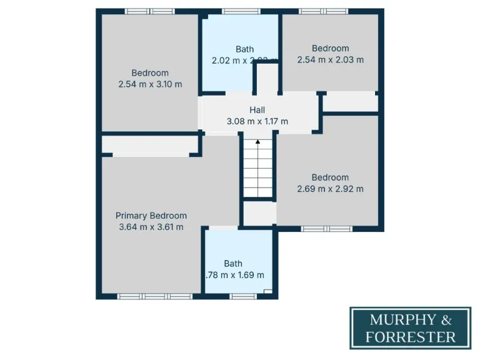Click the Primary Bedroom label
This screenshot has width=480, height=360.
tap(151, 216)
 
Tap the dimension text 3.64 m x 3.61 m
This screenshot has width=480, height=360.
tap(151, 227)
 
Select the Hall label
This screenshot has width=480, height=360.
tap(257, 110)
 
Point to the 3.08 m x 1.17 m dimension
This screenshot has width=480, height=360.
tap(257, 121)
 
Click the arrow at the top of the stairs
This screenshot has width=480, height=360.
tap(257, 143)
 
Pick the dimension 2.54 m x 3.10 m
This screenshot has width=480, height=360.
tap(150, 84)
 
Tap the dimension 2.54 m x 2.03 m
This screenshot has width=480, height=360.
tap(331, 60)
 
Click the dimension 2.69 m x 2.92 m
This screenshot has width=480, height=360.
tap(331, 189)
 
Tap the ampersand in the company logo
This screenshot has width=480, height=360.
tap(446, 321)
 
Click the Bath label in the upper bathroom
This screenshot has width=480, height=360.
tap(244, 49)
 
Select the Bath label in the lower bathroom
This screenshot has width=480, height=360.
tap(233, 264)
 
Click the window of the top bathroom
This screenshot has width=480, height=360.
tap(241, 11)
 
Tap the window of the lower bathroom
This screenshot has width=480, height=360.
tap(240, 296)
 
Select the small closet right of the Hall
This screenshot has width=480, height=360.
tap(350, 101)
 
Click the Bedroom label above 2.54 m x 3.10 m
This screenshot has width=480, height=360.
tap(150, 73)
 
